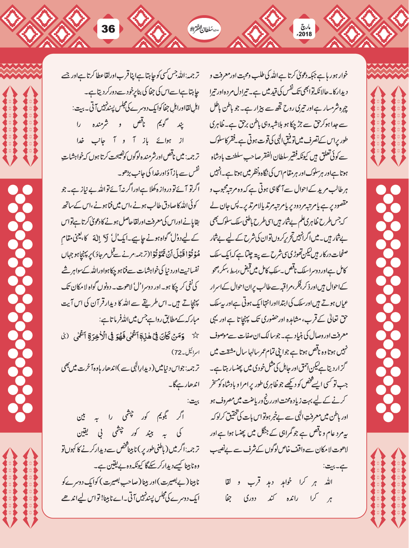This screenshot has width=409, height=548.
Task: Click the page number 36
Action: coord(108,29)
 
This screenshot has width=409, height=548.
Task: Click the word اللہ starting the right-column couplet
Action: coord(327,482)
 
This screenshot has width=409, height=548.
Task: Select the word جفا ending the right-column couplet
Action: coord(228,498)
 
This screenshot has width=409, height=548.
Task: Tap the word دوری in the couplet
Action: coord(250,498)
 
